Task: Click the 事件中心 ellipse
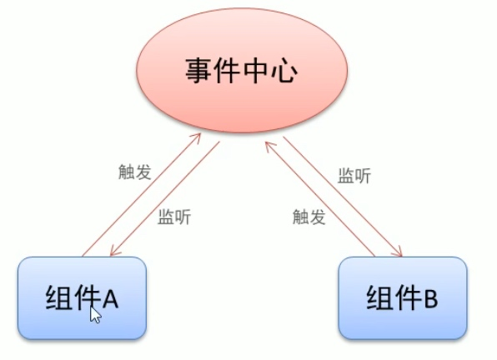tap(242, 70)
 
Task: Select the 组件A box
tap(82, 298)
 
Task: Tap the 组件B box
tap(403, 298)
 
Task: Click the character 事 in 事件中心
tap(198, 71)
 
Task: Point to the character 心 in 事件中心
tap(284, 71)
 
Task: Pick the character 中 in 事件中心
tap(256, 71)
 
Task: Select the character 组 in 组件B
tap(379, 297)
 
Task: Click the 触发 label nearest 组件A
tap(135, 172)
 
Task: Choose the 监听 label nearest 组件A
tap(174, 217)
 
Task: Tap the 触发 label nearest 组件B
tap(309, 217)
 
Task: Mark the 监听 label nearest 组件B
tap(354, 176)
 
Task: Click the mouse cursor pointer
tap(95, 314)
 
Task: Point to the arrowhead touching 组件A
tap(113, 252)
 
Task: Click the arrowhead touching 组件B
tap(399, 252)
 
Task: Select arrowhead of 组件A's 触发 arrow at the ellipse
tap(197, 137)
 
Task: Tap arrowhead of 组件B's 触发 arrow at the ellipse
tap(269, 146)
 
